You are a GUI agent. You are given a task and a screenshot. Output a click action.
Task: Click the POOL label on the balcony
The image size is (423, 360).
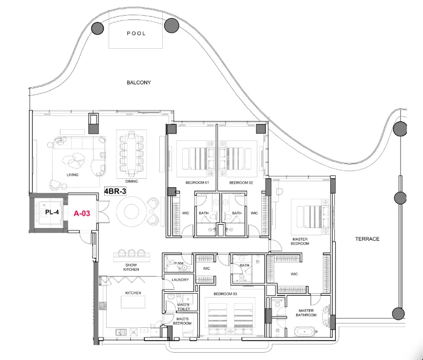click(x=136, y=34)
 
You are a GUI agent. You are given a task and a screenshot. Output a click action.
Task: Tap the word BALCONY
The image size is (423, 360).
click(x=139, y=83)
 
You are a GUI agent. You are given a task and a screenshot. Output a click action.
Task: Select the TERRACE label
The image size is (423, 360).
click(x=367, y=239)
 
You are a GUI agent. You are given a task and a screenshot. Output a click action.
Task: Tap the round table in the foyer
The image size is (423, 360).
click(x=133, y=211)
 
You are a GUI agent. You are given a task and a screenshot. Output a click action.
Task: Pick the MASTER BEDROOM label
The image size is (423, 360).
click(x=300, y=241)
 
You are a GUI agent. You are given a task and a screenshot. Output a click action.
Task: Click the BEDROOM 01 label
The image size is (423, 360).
click(x=197, y=182)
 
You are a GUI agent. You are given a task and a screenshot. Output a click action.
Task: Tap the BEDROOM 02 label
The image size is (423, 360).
click(x=241, y=182)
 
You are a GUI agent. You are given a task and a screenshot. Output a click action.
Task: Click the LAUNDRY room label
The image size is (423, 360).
click(x=180, y=280)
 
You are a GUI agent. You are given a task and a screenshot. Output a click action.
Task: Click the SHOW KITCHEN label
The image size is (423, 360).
click(x=131, y=267)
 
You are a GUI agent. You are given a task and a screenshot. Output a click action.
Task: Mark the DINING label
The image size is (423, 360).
click(x=132, y=181)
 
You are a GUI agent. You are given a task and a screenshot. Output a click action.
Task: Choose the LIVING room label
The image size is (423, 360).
click(x=73, y=174)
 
